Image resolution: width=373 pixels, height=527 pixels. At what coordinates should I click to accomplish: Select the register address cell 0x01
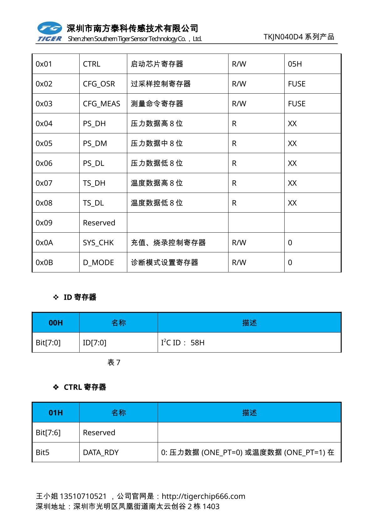coord(44,64)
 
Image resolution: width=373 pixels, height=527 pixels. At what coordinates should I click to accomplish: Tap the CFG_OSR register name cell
coord(99,84)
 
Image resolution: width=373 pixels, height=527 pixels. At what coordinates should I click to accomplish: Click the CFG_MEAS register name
coord(101,104)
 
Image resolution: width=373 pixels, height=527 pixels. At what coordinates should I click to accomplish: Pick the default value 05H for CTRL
coord(295,64)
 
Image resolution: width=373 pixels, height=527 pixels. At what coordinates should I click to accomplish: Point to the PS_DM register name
coord(95,143)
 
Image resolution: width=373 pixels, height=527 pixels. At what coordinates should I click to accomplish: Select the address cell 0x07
coord(44,183)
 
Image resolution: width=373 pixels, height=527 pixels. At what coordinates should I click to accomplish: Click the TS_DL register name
coord(93,203)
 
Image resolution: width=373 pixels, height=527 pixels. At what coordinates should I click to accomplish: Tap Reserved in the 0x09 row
coord(99,223)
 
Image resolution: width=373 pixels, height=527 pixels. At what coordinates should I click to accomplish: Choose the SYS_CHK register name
coord(98,243)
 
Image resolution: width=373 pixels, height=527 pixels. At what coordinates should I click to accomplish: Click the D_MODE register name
coord(98,262)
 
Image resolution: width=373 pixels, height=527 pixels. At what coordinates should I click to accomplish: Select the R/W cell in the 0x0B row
coord(239,262)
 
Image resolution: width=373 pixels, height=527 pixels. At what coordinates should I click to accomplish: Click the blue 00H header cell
coord(56,323)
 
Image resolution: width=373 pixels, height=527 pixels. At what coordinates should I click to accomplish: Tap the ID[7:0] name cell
coord(94,343)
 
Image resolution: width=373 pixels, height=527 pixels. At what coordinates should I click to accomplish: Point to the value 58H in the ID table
coord(197,343)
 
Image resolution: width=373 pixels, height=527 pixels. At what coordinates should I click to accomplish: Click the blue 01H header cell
coord(56,413)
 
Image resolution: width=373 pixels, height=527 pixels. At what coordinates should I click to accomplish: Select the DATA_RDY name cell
coord(101,452)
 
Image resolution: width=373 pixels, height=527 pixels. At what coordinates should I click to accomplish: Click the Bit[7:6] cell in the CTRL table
coord(48,432)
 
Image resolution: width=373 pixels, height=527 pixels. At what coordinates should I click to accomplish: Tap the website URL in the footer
coord(203,496)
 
